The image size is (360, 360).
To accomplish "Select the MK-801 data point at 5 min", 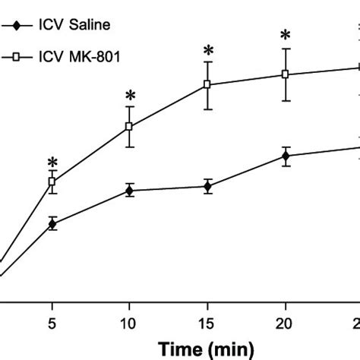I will point(52,182).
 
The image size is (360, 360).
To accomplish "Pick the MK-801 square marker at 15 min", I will point(207,85).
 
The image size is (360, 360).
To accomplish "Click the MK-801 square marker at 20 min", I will point(286,74).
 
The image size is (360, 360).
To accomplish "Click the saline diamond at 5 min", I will point(52,223).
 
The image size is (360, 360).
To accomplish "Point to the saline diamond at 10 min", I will point(130,191).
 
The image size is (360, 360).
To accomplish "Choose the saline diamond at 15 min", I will point(207,186).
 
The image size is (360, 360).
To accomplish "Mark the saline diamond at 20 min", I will point(286,156).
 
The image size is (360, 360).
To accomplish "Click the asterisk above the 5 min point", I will point(52,163).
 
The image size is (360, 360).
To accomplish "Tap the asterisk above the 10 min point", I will point(130,96).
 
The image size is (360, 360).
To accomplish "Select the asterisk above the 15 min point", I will point(207,52).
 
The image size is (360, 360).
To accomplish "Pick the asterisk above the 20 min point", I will point(286,36).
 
